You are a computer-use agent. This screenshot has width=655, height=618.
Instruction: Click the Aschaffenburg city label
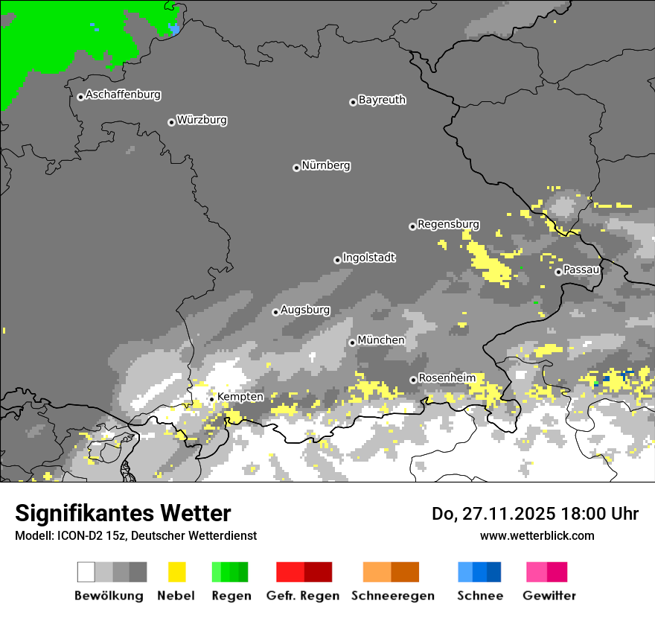pos(123,95)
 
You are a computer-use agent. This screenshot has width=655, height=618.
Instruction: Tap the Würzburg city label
pos(202,121)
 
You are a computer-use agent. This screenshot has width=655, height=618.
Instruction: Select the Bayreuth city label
pos(382,100)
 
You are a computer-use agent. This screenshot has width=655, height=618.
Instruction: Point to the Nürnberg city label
pos(326,166)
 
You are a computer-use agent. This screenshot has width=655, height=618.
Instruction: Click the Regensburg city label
pos(448,224)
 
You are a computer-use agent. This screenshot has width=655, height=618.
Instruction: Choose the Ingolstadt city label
pos(369,258)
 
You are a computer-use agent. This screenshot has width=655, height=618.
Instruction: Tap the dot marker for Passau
pos(558,272)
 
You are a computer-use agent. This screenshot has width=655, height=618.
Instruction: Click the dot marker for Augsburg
pos(275,312)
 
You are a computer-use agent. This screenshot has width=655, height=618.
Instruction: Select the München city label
pos(381,340)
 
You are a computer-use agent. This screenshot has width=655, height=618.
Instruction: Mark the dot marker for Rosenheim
pos(413,380)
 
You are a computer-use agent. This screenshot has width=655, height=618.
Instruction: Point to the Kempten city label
pos(240,397)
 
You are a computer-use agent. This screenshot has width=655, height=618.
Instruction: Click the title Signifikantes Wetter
pos(123,513)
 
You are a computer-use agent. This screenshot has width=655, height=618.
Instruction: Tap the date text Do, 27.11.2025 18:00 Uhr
pos(535,514)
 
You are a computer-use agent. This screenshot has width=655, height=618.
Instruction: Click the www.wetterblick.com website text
pos(537,535)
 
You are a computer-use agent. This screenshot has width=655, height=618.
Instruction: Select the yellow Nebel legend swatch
pos(176,572)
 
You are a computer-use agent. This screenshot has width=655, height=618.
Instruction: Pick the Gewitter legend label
pos(549,596)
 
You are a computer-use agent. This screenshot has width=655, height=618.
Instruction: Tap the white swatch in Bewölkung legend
pos(86,572)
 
